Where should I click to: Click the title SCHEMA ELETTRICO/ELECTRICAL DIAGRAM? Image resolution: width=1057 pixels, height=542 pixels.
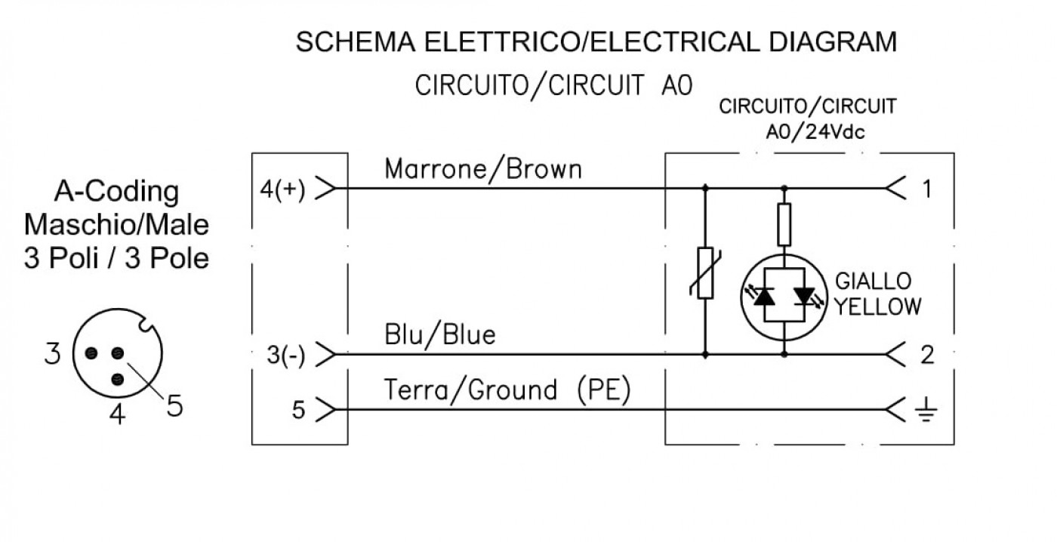pos(596,42)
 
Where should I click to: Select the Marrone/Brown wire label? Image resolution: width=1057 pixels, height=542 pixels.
pos(483,169)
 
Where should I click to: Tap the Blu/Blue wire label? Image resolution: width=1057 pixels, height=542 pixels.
pos(439,334)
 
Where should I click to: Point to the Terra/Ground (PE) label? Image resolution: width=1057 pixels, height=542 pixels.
pos(507,390)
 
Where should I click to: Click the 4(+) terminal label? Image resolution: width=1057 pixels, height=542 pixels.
pos(282,189)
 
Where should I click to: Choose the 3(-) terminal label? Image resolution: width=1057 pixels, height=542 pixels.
pos(286,356)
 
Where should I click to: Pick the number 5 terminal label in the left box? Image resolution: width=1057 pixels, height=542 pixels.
pos(298,409)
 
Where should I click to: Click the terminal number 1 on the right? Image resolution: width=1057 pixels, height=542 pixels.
pos(927,189)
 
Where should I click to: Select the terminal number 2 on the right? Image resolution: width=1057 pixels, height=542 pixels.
pos(927,355)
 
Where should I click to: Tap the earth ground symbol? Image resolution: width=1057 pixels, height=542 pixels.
pos(926,409)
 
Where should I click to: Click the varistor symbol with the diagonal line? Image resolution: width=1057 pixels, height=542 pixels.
pos(705,273)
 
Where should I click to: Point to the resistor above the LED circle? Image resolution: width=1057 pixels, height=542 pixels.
pos(784,224)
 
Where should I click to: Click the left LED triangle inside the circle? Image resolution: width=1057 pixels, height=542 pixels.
pos(763,296)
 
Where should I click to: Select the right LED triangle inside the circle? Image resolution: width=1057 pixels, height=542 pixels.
pos(805,296)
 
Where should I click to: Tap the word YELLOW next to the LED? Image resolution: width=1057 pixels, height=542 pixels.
pos(877,306)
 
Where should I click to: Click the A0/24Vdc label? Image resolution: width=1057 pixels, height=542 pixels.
pos(815,132)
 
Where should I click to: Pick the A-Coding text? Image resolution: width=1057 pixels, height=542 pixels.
pos(116,192)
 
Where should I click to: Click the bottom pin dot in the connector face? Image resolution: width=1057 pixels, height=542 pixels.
pos(118,379)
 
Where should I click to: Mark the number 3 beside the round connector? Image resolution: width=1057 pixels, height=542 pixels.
pos(52,354)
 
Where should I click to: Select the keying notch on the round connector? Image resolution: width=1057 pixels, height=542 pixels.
pos(146,325)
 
